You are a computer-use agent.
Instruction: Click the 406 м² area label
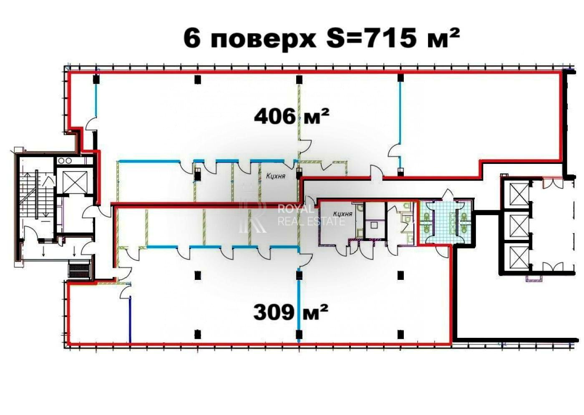291,116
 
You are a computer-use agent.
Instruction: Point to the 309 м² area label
290,312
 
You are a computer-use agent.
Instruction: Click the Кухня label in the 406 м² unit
276,176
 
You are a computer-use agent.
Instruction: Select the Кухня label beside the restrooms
342,214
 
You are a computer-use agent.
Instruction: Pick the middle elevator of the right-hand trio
516,226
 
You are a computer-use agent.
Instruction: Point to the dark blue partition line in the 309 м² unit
130,319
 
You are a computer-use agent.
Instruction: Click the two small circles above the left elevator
65,160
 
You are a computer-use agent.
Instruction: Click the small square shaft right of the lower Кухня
374,225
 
